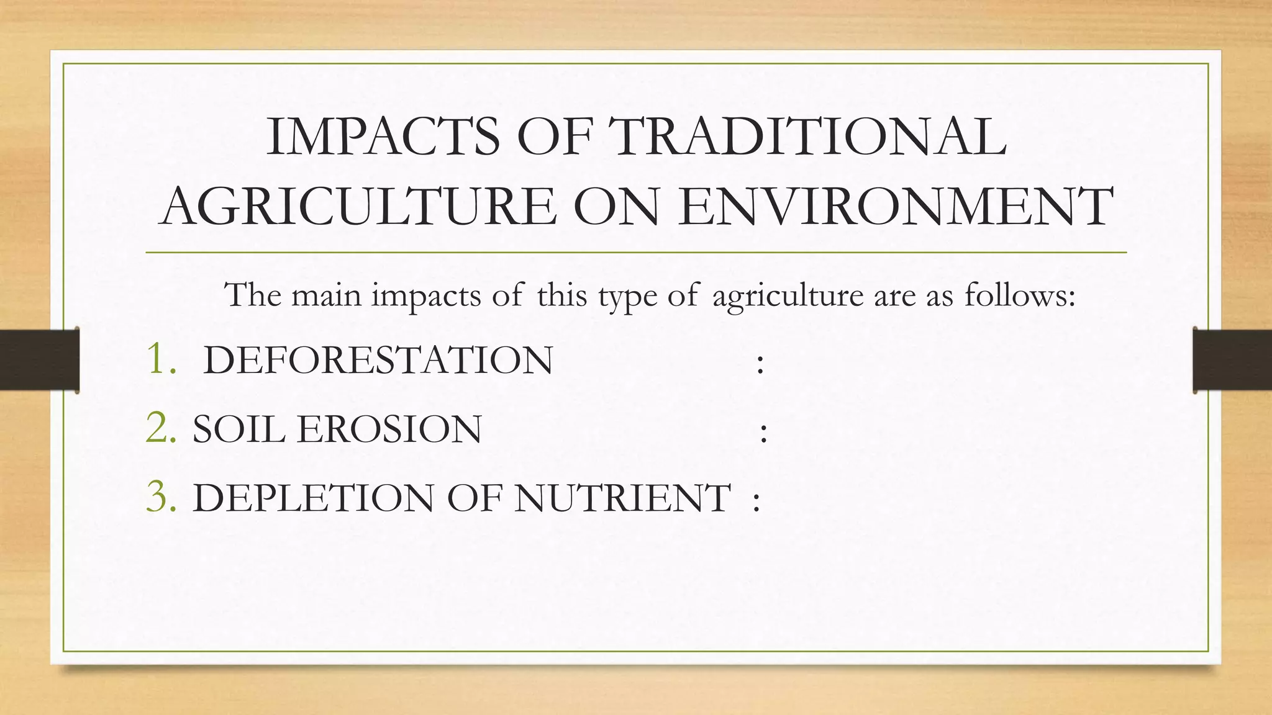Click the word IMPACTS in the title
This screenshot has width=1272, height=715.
click(383, 137)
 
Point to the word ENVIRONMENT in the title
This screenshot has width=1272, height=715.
click(895, 206)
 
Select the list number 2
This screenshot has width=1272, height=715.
click(160, 428)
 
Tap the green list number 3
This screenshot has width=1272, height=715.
click(160, 497)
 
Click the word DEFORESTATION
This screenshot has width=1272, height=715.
click(378, 361)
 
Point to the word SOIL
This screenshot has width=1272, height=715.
click(238, 429)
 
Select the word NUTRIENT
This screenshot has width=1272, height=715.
click(622, 498)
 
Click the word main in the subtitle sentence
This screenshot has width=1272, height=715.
click(326, 294)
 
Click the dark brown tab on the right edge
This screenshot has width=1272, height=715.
click(1232, 360)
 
